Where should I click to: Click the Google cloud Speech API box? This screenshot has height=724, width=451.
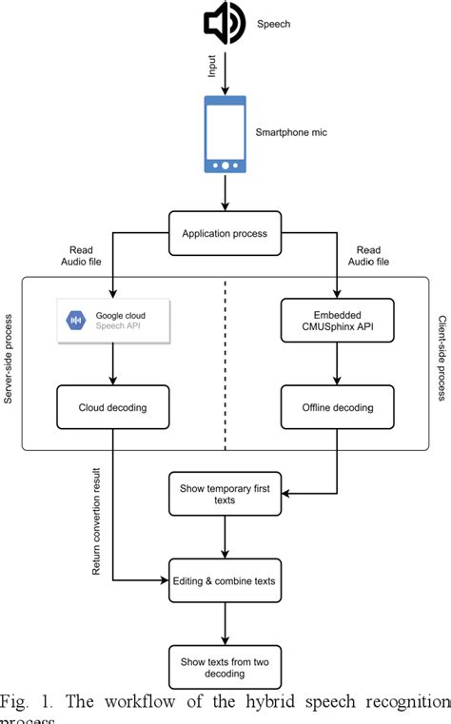click(x=113, y=321)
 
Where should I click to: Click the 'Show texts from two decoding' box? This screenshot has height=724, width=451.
click(x=225, y=664)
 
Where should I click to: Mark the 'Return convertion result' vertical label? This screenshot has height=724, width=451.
click(x=96, y=519)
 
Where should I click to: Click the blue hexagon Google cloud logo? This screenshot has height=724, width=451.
click(x=74, y=321)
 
